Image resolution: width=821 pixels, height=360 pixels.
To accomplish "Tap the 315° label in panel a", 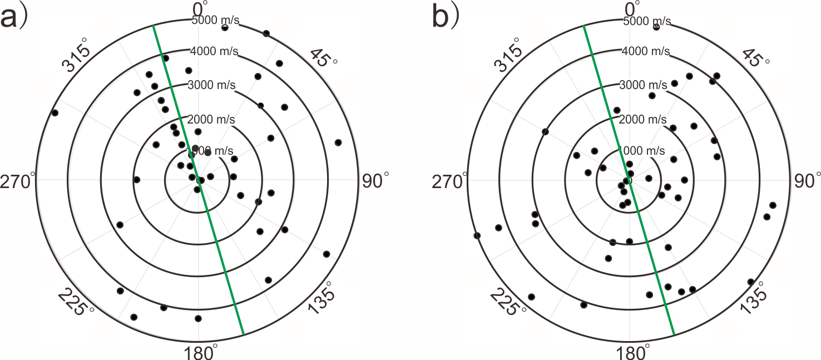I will (77, 56).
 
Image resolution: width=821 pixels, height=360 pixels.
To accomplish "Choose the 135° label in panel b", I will (754, 301).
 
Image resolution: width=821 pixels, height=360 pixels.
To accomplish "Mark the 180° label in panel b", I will (630, 352).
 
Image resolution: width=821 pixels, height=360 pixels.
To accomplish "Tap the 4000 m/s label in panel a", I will (215, 52).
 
